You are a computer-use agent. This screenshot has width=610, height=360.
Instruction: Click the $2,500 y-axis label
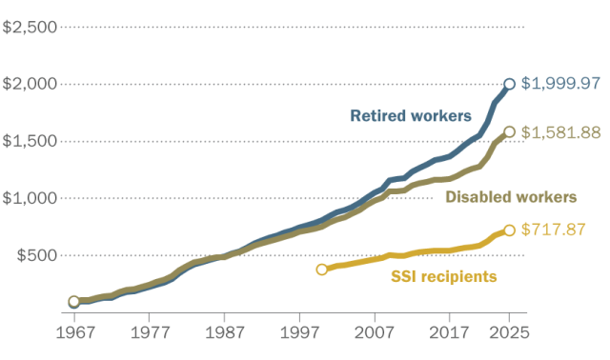(x=30, y=26)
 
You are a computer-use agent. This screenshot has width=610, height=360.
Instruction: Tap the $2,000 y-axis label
(x=30, y=84)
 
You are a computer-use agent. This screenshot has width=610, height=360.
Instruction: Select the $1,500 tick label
(x=30, y=141)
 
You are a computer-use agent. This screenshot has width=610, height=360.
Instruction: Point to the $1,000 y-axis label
(x=30, y=198)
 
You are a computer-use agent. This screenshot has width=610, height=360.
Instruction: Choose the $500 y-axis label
(x=36, y=255)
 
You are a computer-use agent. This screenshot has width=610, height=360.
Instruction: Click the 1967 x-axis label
(x=74, y=334)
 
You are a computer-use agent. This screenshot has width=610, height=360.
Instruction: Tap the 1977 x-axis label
(x=150, y=334)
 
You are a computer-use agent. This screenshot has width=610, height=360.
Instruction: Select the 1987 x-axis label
(x=225, y=334)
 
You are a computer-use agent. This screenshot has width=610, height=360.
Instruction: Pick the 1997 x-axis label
(x=300, y=334)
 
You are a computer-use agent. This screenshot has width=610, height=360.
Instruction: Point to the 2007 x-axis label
(x=375, y=334)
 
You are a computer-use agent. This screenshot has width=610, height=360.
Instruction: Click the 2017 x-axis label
(x=450, y=334)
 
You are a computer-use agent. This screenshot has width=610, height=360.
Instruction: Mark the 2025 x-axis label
(x=509, y=334)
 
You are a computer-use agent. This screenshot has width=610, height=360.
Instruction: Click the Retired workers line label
(x=411, y=116)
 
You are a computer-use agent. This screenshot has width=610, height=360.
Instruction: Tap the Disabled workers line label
(x=511, y=197)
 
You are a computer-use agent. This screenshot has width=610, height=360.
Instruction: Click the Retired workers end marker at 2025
(x=510, y=84)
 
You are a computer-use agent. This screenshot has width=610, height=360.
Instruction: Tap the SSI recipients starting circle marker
(x=322, y=270)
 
